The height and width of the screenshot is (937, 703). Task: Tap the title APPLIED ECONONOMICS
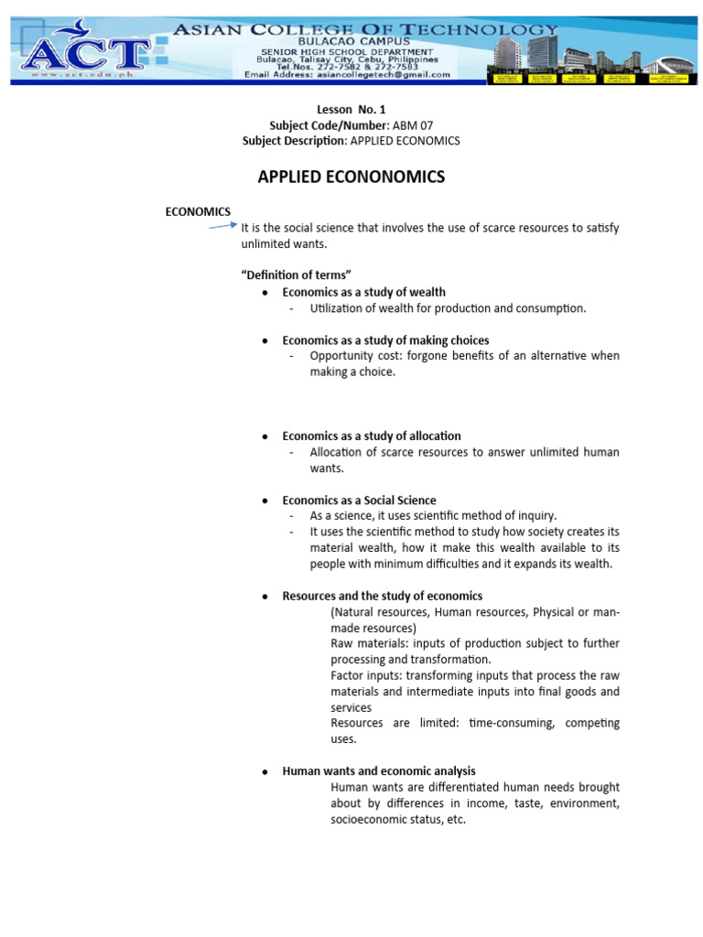(351, 177)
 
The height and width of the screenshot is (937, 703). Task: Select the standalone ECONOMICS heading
(198, 211)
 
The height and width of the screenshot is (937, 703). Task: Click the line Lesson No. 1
(351, 110)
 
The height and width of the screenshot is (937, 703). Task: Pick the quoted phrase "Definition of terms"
(296, 275)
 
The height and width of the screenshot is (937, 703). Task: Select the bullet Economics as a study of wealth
(363, 292)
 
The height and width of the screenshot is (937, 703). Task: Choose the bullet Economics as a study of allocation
(371, 436)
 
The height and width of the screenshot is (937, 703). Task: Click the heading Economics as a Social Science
(359, 501)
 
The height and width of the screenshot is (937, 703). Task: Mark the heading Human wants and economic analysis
(378, 771)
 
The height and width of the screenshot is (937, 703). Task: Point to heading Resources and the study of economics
(382, 596)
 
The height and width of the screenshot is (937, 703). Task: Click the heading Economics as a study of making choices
(385, 340)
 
